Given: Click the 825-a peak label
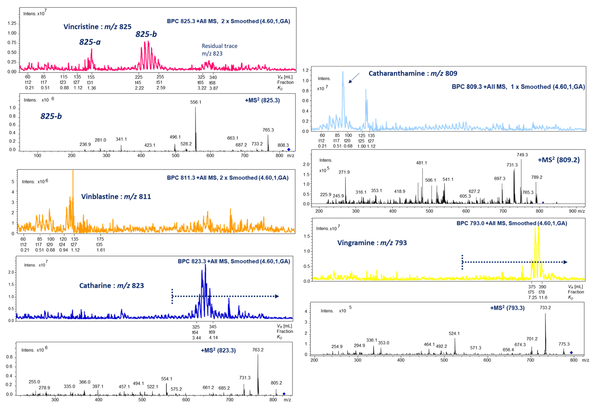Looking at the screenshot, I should pyautogui.click(x=90, y=42).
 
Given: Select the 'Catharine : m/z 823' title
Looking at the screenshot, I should pyautogui.click(x=111, y=285).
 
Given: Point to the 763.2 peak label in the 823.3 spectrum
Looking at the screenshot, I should pyautogui.click(x=258, y=350).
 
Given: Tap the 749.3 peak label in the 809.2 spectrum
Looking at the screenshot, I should pyautogui.click(x=522, y=155).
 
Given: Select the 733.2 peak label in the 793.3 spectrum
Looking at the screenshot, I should pyautogui.click(x=545, y=308).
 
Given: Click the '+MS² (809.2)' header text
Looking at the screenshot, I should pyautogui.click(x=558, y=160).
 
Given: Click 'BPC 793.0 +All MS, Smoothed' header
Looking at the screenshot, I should pyautogui.click(x=512, y=223).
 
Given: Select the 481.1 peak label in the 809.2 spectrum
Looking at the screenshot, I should pyautogui.click(x=421, y=163).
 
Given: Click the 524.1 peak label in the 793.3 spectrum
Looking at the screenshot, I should pyautogui.click(x=454, y=333).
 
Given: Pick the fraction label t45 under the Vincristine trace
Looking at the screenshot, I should pyautogui.click(x=138, y=82).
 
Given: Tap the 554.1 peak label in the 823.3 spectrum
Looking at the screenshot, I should pyautogui.click(x=166, y=379).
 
